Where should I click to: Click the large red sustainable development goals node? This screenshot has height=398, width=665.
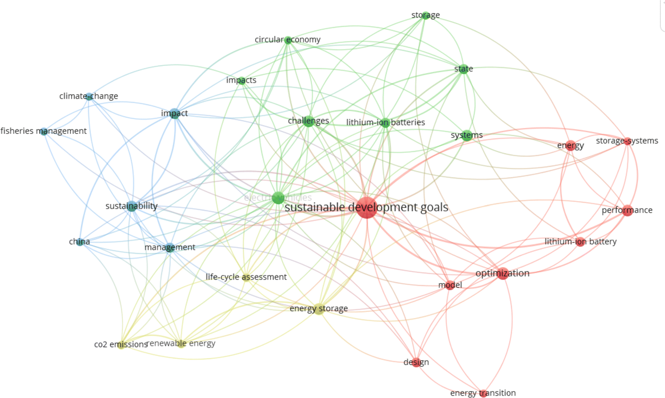(x=366, y=208)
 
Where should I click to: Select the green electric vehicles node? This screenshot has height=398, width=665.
(x=278, y=198)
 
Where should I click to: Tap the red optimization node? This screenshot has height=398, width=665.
(x=503, y=273)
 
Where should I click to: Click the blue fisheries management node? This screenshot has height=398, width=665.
(x=44, y=131)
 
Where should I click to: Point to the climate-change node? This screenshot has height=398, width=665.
(x=89, y=96)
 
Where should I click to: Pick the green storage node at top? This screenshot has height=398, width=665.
(x=425, y=15)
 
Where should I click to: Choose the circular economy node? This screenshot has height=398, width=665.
(x=288, y=40)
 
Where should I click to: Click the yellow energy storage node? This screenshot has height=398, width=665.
(x=319, y=309)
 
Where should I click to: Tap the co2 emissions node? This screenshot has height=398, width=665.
(x=121, y=345)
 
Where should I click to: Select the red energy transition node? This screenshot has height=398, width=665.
(x=483, y=393)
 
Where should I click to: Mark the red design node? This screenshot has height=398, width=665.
(x=416, y=362)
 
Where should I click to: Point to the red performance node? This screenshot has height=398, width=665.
(x=627, y=210)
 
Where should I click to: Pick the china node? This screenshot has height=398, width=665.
(x=80, y=241)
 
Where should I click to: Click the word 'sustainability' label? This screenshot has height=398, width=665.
(x=131, y=206)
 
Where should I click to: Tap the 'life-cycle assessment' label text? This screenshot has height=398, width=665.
(x=246, y=277)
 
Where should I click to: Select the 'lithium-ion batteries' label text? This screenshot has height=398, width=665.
(x=385, y=122)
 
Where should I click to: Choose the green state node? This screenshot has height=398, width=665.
(x=463, y=69)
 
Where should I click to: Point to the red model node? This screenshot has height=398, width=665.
(x=450, y=285)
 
